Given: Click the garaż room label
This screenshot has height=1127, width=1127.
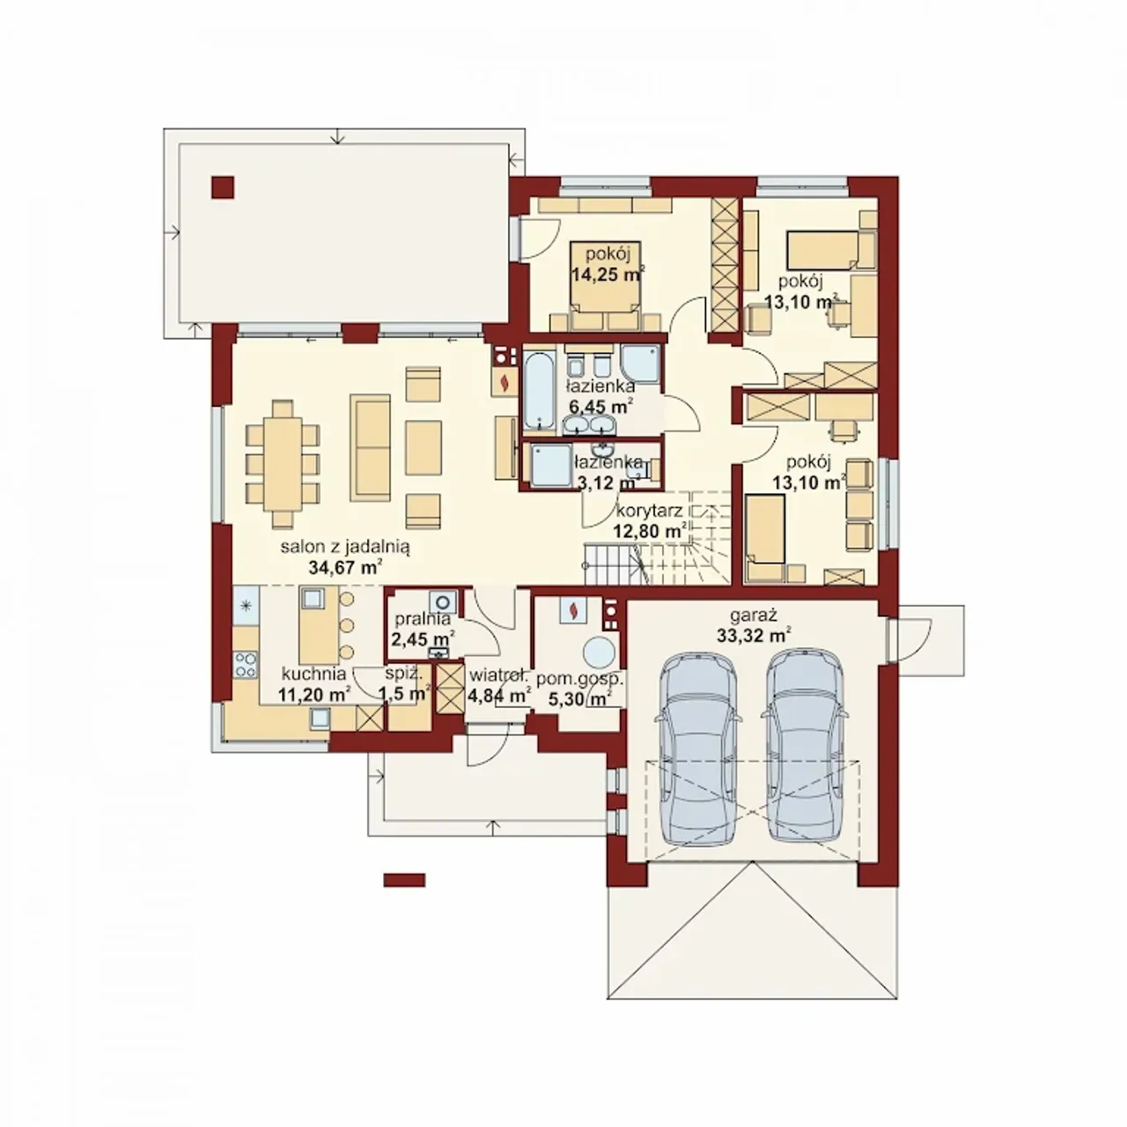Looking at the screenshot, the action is click(x=753, y=615).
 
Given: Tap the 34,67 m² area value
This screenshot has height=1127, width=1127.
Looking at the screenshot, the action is click(x=345, y=567).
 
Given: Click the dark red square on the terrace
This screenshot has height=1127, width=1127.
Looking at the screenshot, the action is click(x=222, y=188).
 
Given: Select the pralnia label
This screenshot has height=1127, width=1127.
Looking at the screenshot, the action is click(x=423, y=618).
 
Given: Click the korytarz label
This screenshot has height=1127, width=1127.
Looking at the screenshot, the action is click(x=649, y=512).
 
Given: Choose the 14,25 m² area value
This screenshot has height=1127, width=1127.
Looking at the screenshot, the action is click(x=608, y=275).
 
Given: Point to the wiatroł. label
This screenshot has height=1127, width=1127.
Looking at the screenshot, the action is click(x=499, y=675).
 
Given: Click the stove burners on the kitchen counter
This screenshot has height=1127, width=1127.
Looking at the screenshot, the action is click(x=246, y=665).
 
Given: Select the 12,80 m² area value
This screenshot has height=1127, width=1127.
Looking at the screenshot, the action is click(x=650, y=531).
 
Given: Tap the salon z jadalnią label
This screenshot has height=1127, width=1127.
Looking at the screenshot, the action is click(x=345, y=548).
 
